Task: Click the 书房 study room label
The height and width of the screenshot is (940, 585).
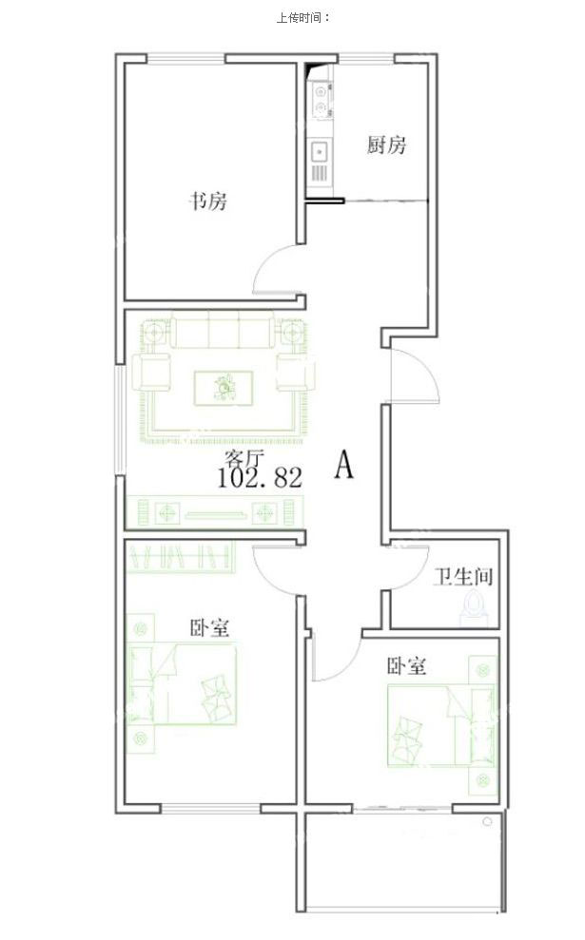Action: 208,201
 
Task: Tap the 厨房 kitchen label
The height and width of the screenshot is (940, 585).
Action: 387,144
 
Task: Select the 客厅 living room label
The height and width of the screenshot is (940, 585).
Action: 244,459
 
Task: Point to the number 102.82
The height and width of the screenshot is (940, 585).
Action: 259,478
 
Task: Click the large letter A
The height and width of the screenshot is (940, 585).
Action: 343,464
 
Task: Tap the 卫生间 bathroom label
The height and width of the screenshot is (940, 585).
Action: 463,577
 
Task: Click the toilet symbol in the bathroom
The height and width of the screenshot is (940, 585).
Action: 475,605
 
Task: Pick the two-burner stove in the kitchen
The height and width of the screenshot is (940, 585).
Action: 321,100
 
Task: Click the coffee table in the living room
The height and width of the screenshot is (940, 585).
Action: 224,388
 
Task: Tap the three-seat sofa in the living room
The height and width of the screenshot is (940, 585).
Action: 223,329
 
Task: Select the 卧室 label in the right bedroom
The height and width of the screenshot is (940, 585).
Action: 407,666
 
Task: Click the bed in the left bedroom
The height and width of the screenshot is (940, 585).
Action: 183,683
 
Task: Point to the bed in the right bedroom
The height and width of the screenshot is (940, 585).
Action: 441,725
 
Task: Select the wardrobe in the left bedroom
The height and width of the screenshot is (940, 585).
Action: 181,556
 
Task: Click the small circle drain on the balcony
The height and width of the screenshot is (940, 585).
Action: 487,821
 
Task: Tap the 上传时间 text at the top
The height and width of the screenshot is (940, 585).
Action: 303,18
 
